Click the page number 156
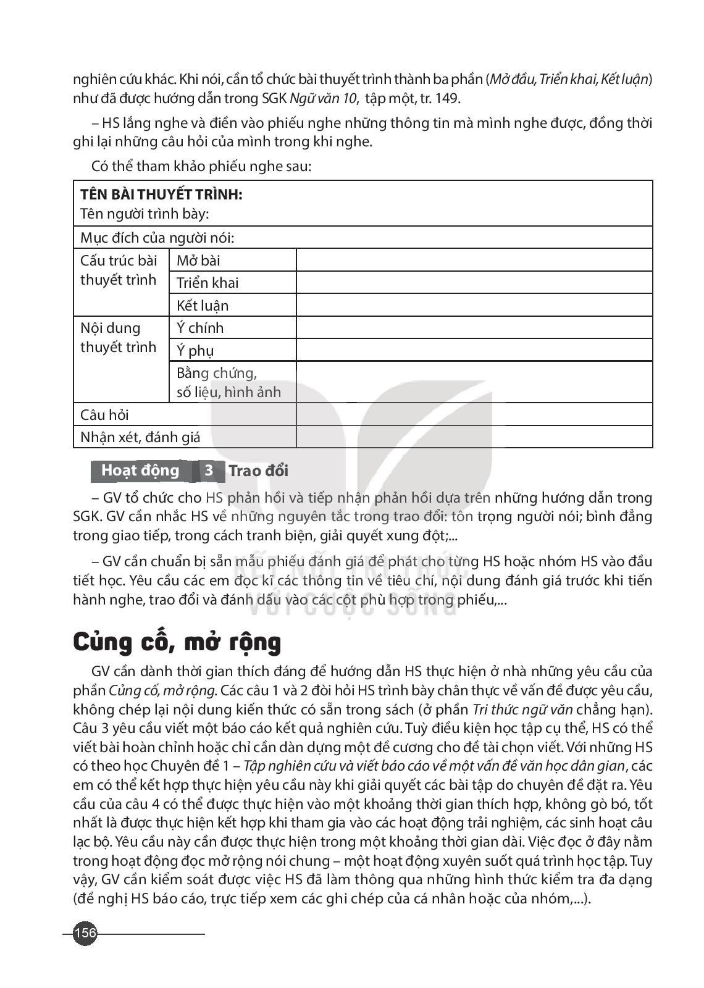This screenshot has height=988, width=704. point(85,932)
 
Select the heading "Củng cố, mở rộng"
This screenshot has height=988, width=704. point(177,642)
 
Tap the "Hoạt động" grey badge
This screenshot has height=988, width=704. point(140,471)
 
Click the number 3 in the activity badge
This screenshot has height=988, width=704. point(209,471)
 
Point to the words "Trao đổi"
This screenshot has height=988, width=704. point(258,471)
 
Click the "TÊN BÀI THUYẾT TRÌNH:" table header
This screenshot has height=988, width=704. point(161,195)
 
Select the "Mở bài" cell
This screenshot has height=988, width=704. point(198,261)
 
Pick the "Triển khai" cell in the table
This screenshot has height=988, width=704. point(207,283)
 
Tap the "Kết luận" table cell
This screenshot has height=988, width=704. point(203,306)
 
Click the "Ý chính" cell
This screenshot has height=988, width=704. point(200,328)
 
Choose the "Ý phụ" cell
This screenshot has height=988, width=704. point(195,351)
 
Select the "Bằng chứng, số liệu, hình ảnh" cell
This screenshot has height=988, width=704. point(228,382)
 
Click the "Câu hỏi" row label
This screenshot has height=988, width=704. point(105,415)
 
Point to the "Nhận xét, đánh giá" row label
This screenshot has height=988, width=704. point(141,438)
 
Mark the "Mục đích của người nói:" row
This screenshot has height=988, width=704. point(157,238)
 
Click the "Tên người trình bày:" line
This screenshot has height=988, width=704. point(145,214)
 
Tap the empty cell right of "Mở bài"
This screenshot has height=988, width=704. point(474,261)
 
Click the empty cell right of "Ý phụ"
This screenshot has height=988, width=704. point(474,351)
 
